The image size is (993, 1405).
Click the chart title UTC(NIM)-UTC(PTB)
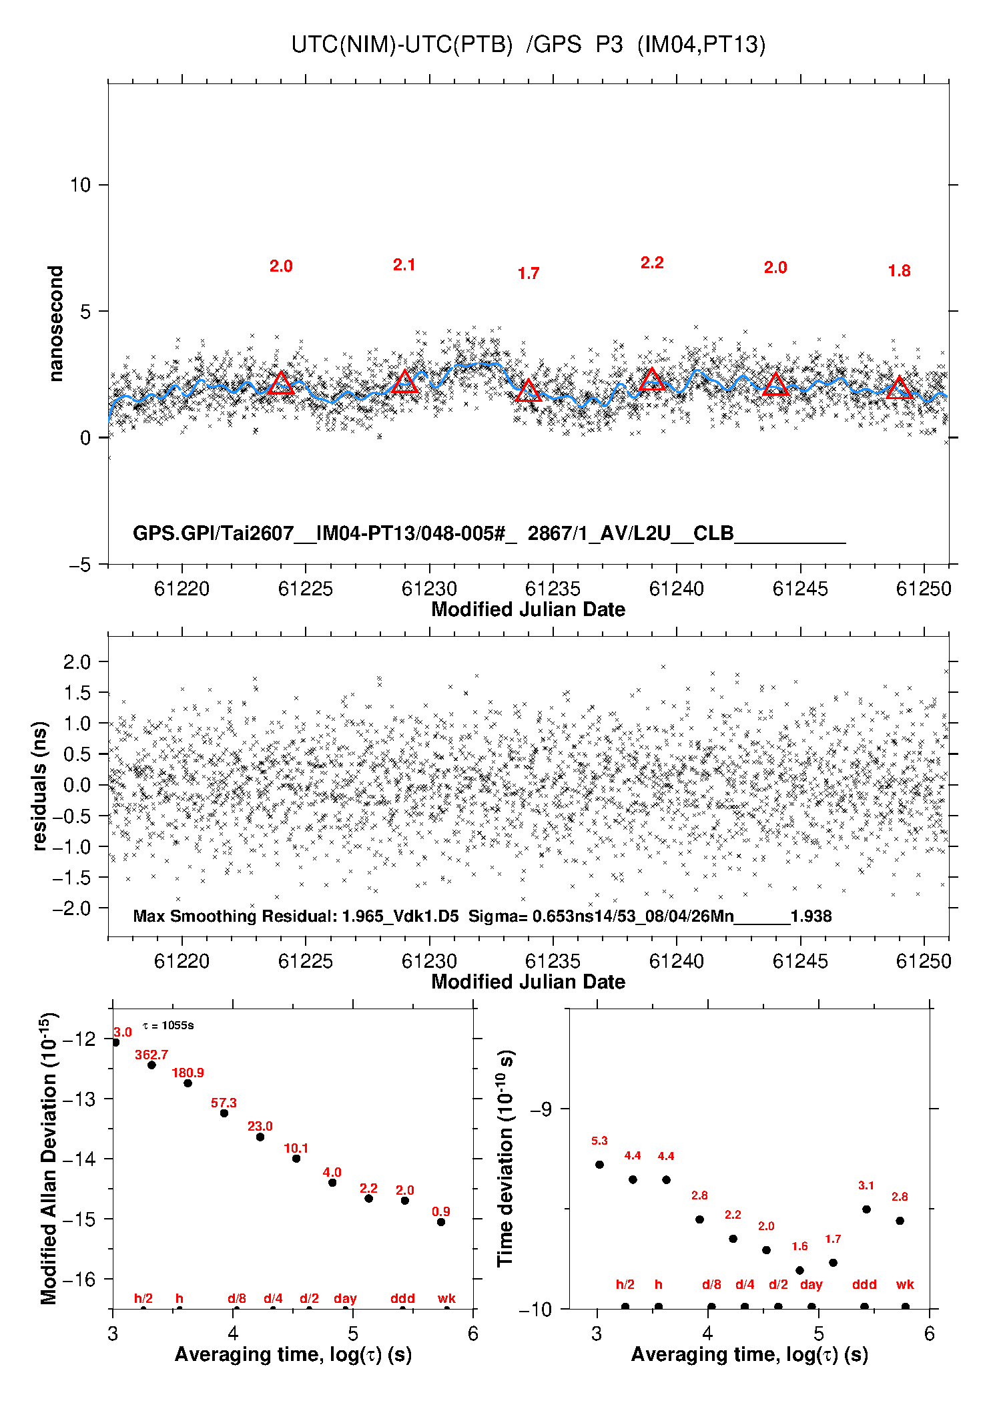pyautogui.click(x=402, y=45)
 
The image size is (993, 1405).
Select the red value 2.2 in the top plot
pyautogui.click(x=652, y=263)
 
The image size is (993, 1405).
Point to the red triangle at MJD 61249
pyautogui.click(x=899, y=388)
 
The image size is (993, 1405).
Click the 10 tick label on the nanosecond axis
pyautogui.click(x=80, y=185)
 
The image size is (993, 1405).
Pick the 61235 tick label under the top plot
pyautogui.click(x=553, y=589)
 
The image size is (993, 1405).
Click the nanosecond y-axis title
pyautogui.click(x=55, y=324)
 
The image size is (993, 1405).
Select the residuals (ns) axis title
pyautogui.click(x=40, y=786)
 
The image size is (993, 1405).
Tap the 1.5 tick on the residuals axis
pyautogui.click(x=77, y=692)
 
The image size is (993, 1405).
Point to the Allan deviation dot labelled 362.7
pyautogui.click(x=151, y=1065)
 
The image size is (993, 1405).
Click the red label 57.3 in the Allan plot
pyautogui.click(x=224, y=1103)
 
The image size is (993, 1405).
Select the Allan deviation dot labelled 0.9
pyautogui.click(x=441, y=1222)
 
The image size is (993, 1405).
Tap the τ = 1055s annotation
pyautogui.click(x=168, y=1025)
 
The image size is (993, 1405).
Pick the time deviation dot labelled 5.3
pyautogui.click(x=599, y=1165)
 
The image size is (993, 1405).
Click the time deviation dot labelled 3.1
pyautogui.click(x=866, y=1209)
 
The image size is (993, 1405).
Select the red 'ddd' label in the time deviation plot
pyautogui.click(x=864, y=1285)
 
